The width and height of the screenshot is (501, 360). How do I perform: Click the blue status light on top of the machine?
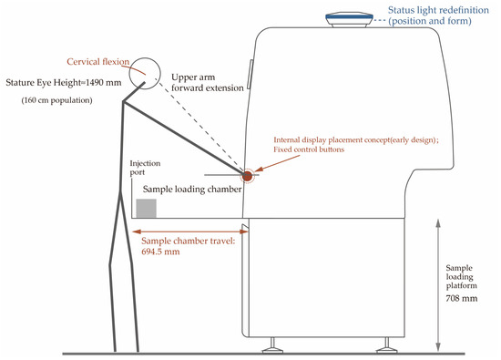pyautogui.click(x=349, y=19)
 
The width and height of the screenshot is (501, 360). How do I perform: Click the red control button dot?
pyautogui.click(x=247, y=176)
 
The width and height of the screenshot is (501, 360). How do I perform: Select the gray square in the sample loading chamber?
pyautogui.click(x=147, y=208)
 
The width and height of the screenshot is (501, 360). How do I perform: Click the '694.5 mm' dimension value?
pyautogui.click(x=160, y=252)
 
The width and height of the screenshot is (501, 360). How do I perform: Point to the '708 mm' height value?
pyautogui.click(x=462, y=298)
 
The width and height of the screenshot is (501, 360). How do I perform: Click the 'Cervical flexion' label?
pyautogui.click(x=98, y=61)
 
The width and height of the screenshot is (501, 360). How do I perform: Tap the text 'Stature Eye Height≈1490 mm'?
pyautogui.click(x=64, y=83)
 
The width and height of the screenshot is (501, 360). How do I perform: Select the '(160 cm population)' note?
pyautogui.click(x=56, y=100)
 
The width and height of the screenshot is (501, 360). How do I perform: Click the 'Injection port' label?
pyautogui.click(x=145, y=168)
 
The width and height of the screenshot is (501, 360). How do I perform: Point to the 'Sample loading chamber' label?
pyautogui.click(x=192, y=190)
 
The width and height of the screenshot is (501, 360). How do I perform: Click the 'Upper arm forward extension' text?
pyautogui.click(x=208, y=83)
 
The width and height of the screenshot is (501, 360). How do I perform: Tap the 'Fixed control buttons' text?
pyautogui.click(x=309, y=149)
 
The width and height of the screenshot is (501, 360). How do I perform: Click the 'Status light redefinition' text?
pyautogui.click(x=438, y=10)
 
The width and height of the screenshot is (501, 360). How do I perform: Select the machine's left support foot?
pyautogui.click(x=272, y=345)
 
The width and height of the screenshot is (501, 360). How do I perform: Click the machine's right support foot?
pyautogui.click(x=386, y=345)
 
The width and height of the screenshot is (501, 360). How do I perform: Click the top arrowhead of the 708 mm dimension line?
pyautogui.click(x=438, y=223)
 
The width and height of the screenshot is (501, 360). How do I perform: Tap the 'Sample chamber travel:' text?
pyautogui.click(x=189, y=241)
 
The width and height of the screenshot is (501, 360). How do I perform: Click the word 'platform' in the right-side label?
pyautogui.click(x=462, y=285)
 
